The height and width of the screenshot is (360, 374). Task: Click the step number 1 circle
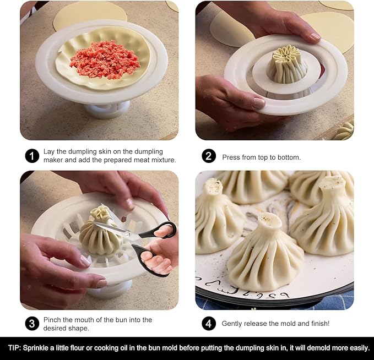(x=32, y=156)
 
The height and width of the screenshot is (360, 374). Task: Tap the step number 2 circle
(x=208, y=156)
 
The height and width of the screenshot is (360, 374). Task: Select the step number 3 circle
(x=32, y=324)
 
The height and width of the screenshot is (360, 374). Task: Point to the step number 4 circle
(x=208, y=324)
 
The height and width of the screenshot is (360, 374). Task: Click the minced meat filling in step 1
(x=104, y=59)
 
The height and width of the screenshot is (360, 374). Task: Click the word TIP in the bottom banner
(x=14, y=348)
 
